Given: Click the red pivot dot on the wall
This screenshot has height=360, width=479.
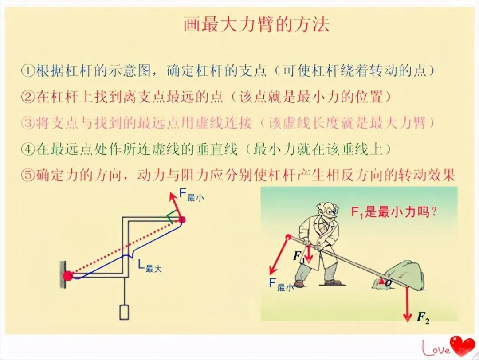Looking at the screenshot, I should [x=67, y=276].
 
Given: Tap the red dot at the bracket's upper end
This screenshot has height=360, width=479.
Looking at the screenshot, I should [x=181, y=219].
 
